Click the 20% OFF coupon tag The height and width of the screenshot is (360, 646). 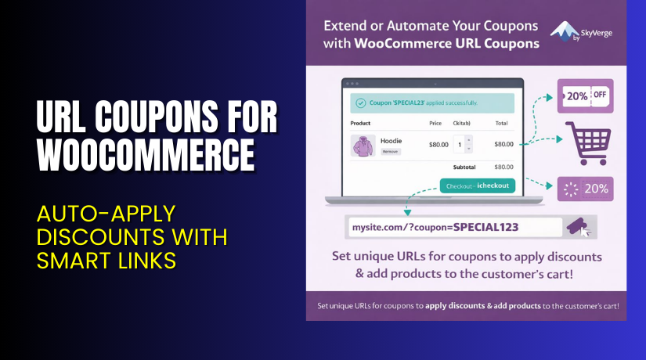point(584,97)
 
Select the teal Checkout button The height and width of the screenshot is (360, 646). point(475,186)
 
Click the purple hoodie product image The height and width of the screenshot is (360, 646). point(363,146)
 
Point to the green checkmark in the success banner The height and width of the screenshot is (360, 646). point(360,103)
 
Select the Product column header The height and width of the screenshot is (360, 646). point(360,123)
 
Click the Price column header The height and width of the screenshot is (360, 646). point(436,123)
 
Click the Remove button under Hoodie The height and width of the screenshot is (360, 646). point(391,151)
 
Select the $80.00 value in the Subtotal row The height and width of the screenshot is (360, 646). point(503,167)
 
